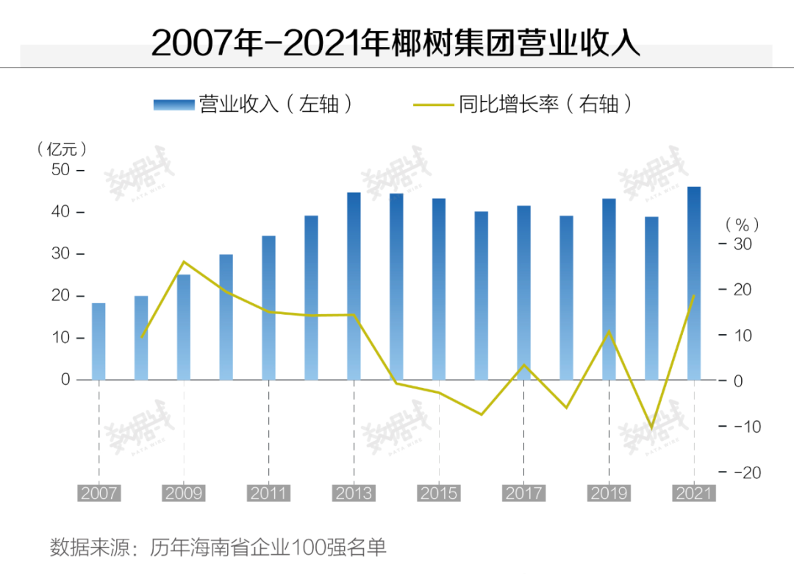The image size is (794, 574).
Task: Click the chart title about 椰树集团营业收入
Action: (x=396, y=43)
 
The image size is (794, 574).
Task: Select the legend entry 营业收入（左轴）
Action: (x=254, y=104)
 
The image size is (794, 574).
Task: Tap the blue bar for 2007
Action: (x=99, y=341)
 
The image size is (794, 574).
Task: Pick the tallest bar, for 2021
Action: (x=694, y=283)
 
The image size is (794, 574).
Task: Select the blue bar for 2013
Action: (x=354, y=286)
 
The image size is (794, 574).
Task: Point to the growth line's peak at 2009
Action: (x=184, y=262)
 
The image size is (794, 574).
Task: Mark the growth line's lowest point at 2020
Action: (x=651, y=428)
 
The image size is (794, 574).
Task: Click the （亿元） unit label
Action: (x=62, y=149)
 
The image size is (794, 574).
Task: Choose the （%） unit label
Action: (x=741, y=224)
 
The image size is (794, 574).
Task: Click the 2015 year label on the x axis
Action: (x=439, y=493)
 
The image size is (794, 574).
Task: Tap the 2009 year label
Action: (x=184, y=493)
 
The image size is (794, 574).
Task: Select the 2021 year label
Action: (x=694, y=493)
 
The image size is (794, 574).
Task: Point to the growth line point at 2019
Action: (x=609, y=332)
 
